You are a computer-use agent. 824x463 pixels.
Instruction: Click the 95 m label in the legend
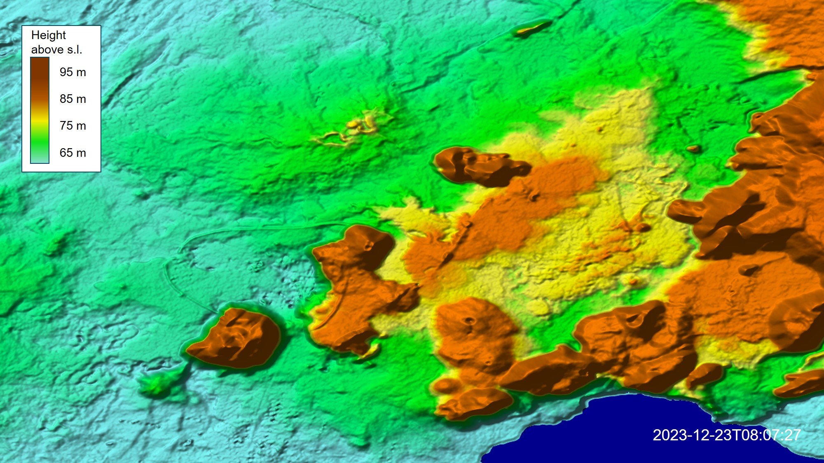[x=73, y=72]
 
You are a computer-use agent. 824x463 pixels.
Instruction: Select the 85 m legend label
[x=73, y=99]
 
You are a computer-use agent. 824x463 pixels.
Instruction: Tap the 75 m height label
[x=73, y=126]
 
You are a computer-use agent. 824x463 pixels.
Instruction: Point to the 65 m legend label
[x=73, y=153]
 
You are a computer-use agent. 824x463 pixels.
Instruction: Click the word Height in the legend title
[x=48, y=35]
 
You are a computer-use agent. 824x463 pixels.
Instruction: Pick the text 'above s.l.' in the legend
[x=56, y=50]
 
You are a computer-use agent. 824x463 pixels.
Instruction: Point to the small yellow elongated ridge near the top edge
[x=532, y=28]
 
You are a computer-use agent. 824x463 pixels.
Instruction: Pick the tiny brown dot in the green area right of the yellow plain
[x=693, y=149]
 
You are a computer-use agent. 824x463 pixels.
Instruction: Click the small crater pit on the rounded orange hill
[x=469, y=321]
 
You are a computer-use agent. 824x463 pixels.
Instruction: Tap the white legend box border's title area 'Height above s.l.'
[x=56, y=42]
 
